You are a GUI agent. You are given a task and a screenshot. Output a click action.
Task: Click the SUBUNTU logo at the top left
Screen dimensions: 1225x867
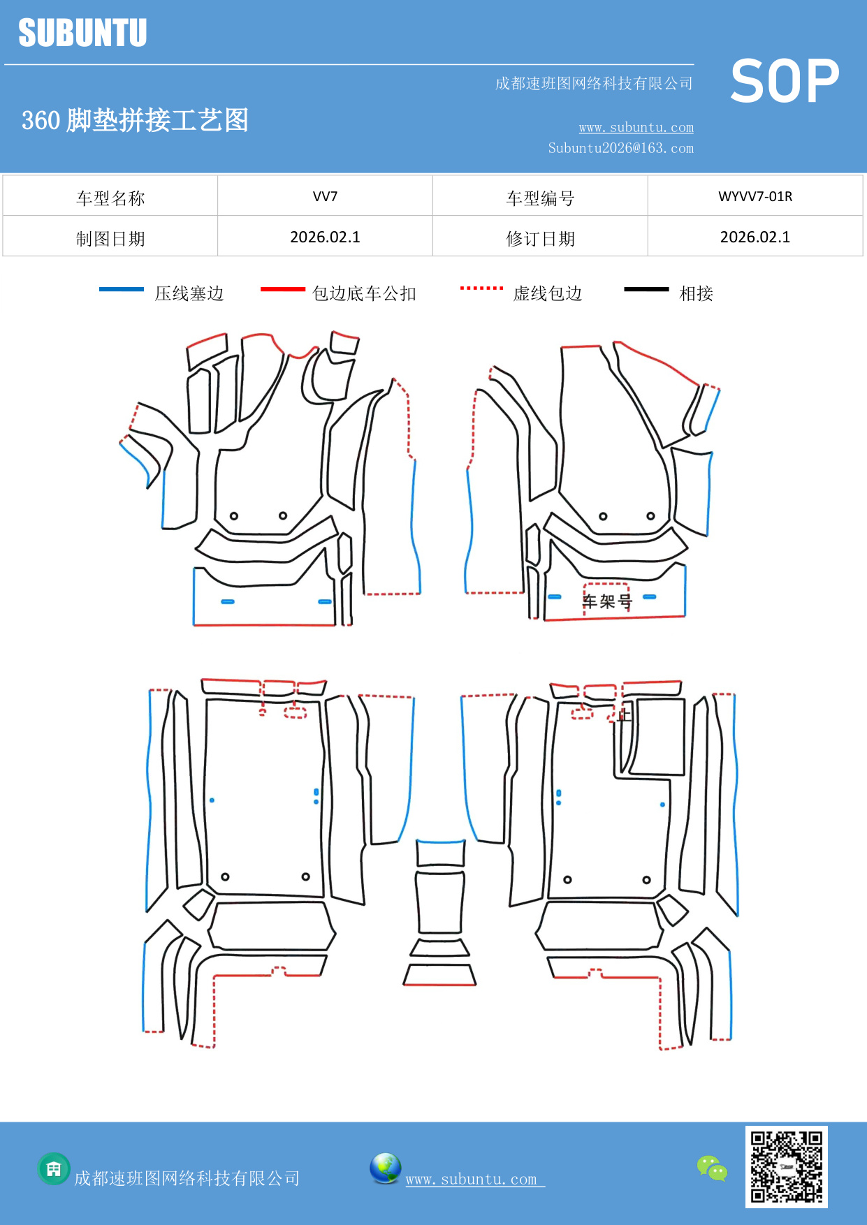pyautogui.click(x=82, y=33)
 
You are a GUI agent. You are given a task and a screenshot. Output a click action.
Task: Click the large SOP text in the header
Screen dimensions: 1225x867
pyautogui.click(x=784, y=81)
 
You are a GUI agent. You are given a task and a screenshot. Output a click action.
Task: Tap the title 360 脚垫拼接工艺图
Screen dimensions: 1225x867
pyautogui.click(x=135, y=120)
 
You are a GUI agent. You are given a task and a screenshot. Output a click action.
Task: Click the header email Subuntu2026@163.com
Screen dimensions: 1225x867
pyautogui.click(x=620, y=148)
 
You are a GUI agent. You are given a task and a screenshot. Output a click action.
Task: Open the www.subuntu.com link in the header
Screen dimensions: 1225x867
pyautogui.click(x=636, y=128)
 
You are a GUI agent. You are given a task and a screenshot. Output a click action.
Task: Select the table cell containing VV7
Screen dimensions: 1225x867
pyautogui.click(x=325, y=196)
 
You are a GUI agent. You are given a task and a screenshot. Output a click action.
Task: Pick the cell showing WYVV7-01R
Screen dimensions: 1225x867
pyautogui.click(x=755, y=196)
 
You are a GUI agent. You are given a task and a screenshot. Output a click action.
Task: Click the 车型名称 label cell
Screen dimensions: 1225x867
pyautogui.click(x=110, y=198)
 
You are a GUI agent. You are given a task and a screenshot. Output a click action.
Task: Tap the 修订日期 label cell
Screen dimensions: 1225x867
pyautogui.click(x=540, y=239)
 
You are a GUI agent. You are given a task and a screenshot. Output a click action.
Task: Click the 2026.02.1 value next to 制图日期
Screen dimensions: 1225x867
pyautogui.click(x=325, y=237)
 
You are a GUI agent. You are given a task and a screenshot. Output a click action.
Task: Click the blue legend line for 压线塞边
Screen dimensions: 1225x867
pyautogui.click(x=122, y=289)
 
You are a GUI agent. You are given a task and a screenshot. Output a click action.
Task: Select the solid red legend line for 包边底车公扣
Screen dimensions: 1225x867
pyautogui.click(x=282, y=289)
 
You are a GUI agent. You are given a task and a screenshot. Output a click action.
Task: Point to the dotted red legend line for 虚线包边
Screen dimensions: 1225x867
pyautogui.click(x=481, y=288)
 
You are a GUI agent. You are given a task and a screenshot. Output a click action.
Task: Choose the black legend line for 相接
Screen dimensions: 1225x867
pyautogui.click(x=646, y=289)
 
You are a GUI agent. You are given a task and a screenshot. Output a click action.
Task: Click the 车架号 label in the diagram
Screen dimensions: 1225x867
pyautogui.click(x=607, y=601)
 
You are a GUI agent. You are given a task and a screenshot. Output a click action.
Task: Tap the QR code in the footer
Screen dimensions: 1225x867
pyautogui.click(x=786, y=1166)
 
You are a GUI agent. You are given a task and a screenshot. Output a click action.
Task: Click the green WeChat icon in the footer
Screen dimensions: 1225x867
pyautogui.click(x=712, y=1168)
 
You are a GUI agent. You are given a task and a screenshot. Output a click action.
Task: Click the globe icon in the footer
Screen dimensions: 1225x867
pyautogui.click(x=385, y=1168)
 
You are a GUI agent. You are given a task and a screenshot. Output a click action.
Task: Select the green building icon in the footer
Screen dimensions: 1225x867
pyautogui.click(x=54, y=1168)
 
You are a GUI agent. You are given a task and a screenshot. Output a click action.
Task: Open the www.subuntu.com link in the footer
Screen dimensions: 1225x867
pyautogui.click(x=472, y=1179)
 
